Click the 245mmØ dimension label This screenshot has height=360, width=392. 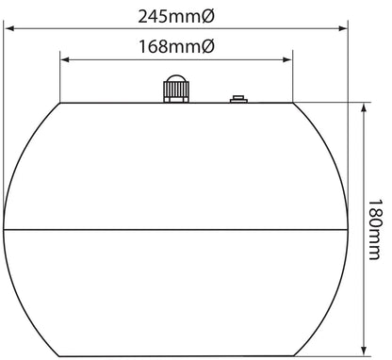tap(176, 16)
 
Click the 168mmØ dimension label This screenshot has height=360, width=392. tap(176, 46)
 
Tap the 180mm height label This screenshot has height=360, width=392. tap(375, 230)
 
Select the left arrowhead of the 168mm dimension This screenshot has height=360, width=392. tap(65, 59)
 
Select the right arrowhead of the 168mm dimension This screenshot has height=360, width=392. tap(287, 59)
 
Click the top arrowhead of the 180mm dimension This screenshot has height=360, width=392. tap(364, 108)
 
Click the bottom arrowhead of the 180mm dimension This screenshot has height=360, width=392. tap(364, 351)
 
